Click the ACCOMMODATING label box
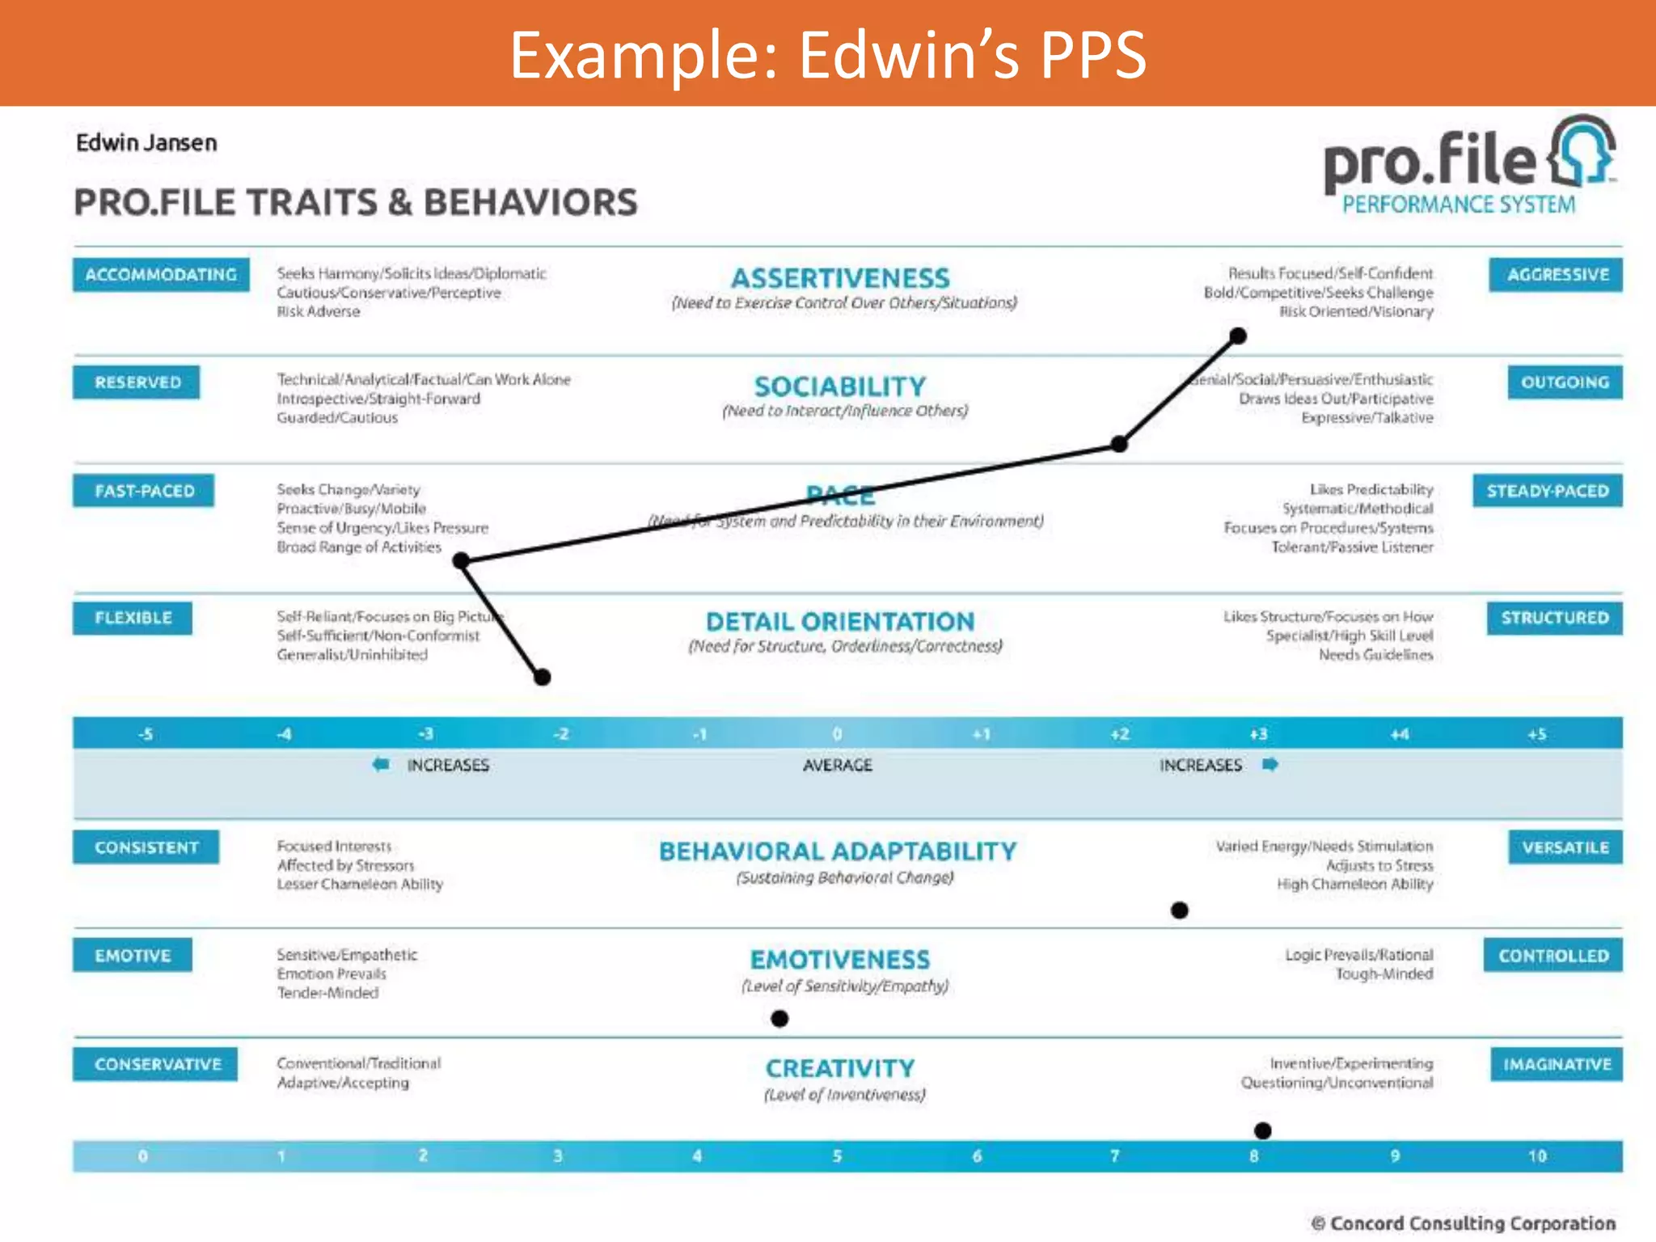pos(161,275)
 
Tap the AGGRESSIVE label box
pos(1556,275)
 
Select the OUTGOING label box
pos(1565,382)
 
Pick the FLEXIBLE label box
pos(133,618)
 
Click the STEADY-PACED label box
pos(1548,491)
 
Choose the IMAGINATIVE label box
pos(1557,1064)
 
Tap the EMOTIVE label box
pos(133,956)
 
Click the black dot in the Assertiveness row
pos(1238,336)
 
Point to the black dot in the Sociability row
pos(1119,444)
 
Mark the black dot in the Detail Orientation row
pos(543,677)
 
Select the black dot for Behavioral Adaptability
pos(1180,910)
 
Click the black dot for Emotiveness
pos(779,1019)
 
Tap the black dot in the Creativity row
pos(1263,1130)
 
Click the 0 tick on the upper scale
pos(838,734)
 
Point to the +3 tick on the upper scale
pos(1258,734)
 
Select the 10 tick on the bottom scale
pos(1537,1156)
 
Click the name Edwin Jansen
pos(146,143)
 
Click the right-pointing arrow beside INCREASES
pos(1270,764)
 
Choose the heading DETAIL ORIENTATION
pos(840,622)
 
